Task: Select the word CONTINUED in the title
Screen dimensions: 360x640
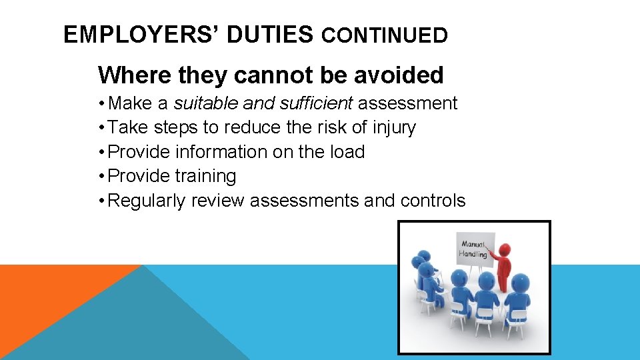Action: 384,35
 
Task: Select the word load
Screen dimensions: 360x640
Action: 348,152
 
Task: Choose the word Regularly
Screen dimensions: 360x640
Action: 146,201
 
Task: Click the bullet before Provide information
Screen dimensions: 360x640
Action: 101,152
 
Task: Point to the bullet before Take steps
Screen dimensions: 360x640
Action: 101,127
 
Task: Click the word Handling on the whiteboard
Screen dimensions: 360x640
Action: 473,254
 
